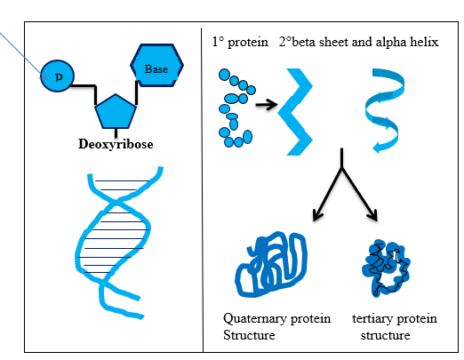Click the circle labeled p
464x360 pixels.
[58, 77]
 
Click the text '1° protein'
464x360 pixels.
[240, 42]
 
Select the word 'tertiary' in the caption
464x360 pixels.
[373, 318]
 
